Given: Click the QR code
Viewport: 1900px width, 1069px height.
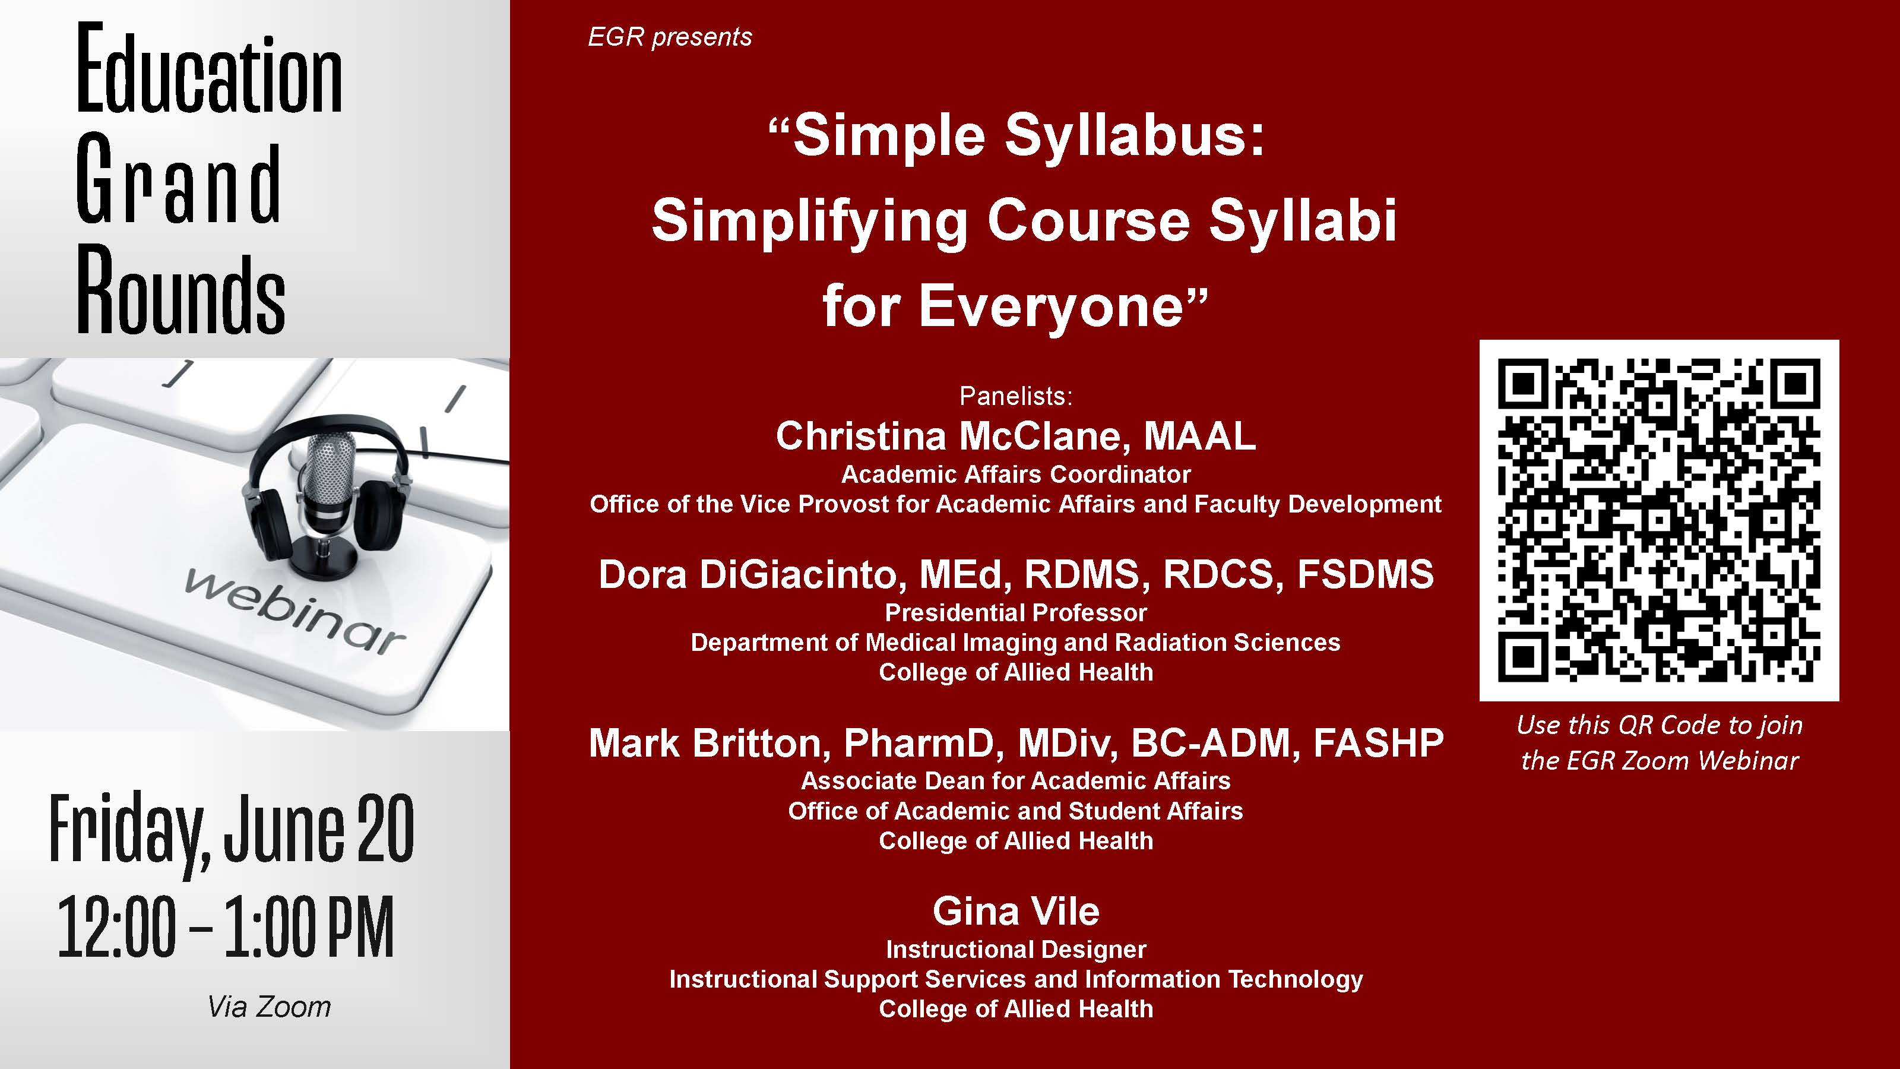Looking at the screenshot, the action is [x=1659, y=520].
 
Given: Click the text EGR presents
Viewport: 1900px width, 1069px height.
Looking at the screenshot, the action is [x=670, y=37].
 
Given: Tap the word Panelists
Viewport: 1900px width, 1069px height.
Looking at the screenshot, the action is [x=1016, y=396].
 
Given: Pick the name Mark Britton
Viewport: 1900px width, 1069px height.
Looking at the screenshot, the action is [x=710, y=743].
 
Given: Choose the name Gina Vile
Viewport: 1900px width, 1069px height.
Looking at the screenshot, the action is [x=1016, y=911].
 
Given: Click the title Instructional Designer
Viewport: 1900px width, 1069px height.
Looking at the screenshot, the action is [x=1016, y=950].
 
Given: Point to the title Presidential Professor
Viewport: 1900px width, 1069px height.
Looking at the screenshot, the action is [x=1016, y=612].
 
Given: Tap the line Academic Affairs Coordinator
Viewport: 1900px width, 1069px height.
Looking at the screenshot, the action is [x=1016, y=475].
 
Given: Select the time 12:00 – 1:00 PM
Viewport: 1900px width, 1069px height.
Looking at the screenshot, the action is [x=226, y=926].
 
